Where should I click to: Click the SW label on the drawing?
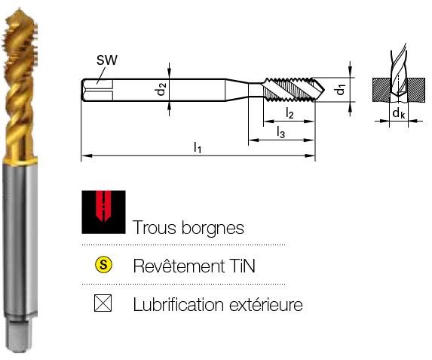tap(107, 60)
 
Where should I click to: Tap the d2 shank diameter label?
tap(162, 89)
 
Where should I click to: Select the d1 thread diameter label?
tap(341, 90)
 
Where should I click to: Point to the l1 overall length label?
tap(198, 147)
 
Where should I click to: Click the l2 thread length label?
tap(290, 113)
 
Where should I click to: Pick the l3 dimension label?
tap(280, 132)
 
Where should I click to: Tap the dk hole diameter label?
tap(398, 112)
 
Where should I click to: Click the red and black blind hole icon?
tap(103, 212)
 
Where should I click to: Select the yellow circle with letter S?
tap(103, 265)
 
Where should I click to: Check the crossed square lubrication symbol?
tap(103, 303)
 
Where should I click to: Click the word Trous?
tap(154, 228)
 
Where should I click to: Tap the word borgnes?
tap(213, 229)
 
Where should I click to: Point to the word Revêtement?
tap(179, 266)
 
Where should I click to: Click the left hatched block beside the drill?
tap(381, 90)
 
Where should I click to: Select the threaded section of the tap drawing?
tap(290, 90)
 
